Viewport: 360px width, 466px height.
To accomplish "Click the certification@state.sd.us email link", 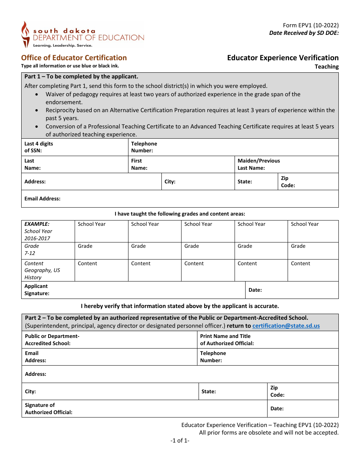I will (x=286, y=326).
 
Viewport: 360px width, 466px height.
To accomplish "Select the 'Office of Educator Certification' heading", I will (x=74, y=58).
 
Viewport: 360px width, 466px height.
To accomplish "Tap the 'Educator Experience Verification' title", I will (x=283, y=58).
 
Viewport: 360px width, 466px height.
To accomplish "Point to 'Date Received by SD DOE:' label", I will (x=304, y=33).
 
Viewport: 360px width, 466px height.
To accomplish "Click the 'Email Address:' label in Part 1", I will (x=42, y=199).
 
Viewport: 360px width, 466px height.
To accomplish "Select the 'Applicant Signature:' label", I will (x=37, y=290).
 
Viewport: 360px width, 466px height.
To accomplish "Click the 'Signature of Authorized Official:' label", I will (x=49, y=409).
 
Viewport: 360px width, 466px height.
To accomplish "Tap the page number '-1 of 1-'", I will (x=180, y=441).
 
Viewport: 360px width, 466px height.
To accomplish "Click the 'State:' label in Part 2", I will (x=208, y=391).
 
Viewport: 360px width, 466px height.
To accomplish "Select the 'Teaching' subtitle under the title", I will (x=327, y=67).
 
